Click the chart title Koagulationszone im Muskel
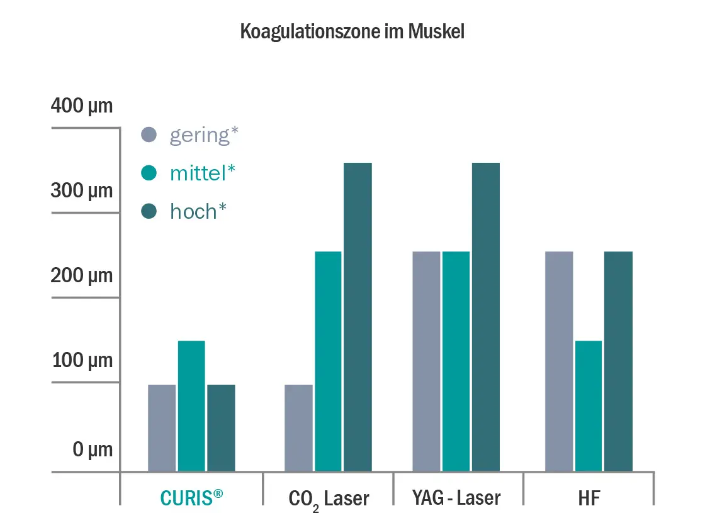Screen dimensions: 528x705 [x=352, y=32]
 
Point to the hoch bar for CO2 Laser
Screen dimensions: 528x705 [x=358, y=317]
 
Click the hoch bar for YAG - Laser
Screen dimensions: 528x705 [x=485, y=317]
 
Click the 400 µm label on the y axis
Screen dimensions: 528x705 [x=82, y=106]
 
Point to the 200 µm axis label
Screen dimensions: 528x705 [x=82, y=275]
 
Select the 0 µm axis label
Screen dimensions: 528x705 [x=93, y=449]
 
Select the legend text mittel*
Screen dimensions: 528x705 [x=203, y=173]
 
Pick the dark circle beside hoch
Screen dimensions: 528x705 [x=149, y=212]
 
